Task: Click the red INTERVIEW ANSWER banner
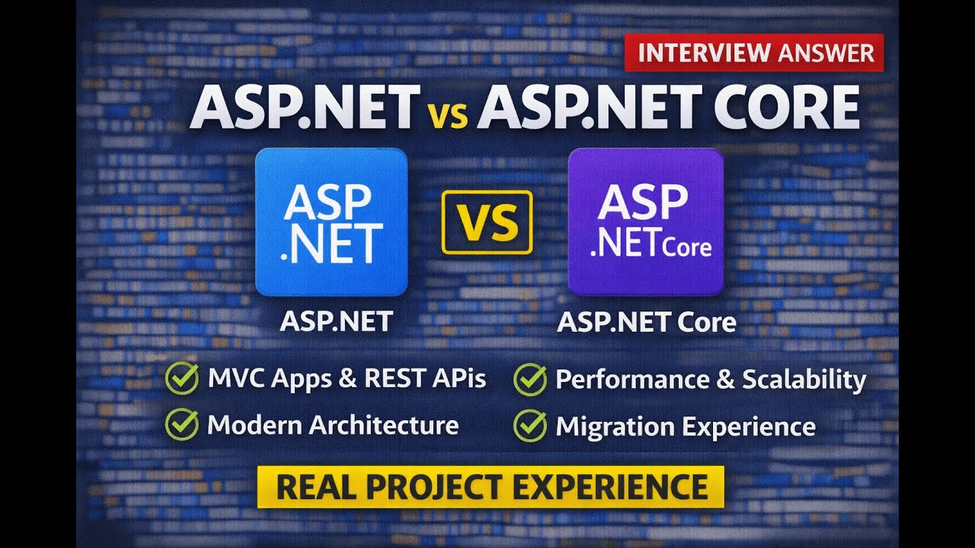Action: click(x=754, y=53)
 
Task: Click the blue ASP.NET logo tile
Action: click(x=331, y=221)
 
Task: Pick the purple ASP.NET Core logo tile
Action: click(x=646, y=221)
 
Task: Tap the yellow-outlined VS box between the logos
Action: click(x=487, y=223)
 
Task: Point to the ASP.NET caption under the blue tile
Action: click(x=336, y=321)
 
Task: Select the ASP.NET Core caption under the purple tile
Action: click(x=647, y=322)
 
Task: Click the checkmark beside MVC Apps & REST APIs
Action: click(x=181, y=379)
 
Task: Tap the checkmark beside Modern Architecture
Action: click(x=181, y=425)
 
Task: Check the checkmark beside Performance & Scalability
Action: click(x=529, y=379)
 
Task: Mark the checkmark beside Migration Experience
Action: click(x=529, y=425)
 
